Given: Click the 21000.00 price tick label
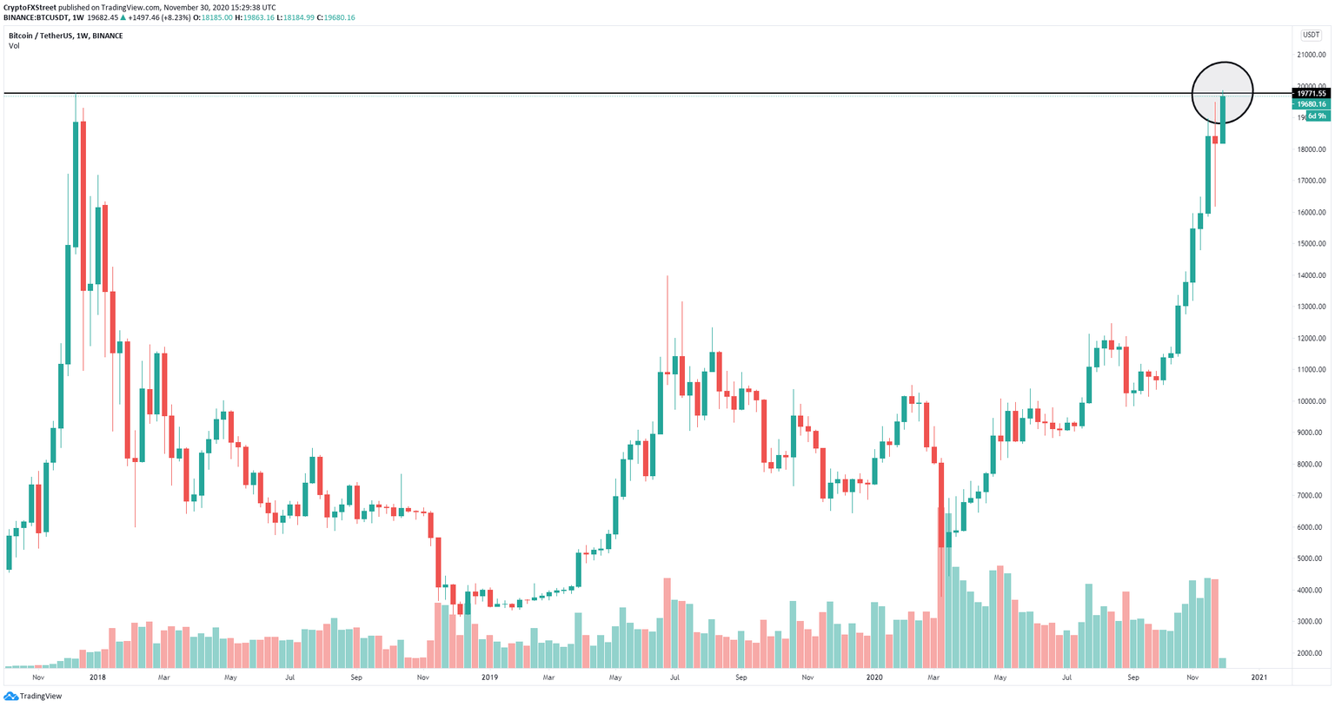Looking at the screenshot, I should [1312, 55].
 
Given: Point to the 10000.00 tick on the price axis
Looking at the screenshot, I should [1312, 401].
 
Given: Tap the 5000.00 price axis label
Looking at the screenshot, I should [1312, 558].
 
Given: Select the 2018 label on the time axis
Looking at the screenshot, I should [97, 677].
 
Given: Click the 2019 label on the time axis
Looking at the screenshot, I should [489, 677].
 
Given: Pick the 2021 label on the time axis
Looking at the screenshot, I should [1259, 677].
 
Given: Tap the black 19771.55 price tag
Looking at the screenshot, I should [1311, 93].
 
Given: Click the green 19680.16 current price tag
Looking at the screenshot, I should [1311, 104].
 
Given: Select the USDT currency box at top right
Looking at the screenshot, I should [1310, 35].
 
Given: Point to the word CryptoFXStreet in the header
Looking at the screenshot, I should [30, 7].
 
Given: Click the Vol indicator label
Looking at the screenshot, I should [14, 46].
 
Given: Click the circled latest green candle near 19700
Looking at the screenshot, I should [1223, 120].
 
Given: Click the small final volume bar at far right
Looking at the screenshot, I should [1223, 663].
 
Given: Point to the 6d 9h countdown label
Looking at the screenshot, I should [1317, 116].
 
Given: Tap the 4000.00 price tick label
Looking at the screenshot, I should [1312, 591].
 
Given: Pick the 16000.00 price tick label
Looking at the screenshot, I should [1312, 212].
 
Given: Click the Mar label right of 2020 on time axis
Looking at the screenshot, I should [933, 677].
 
